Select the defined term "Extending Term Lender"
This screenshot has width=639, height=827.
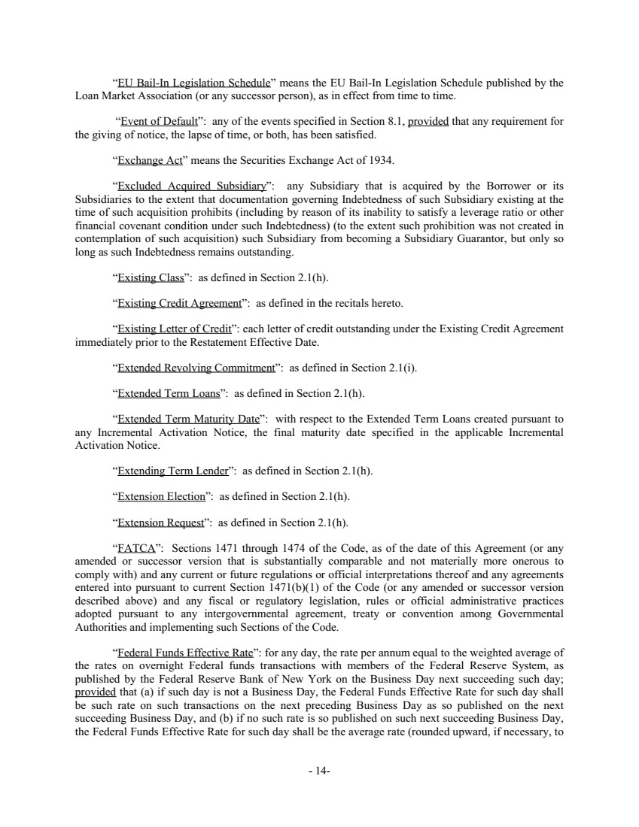click(x=172, y=471)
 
